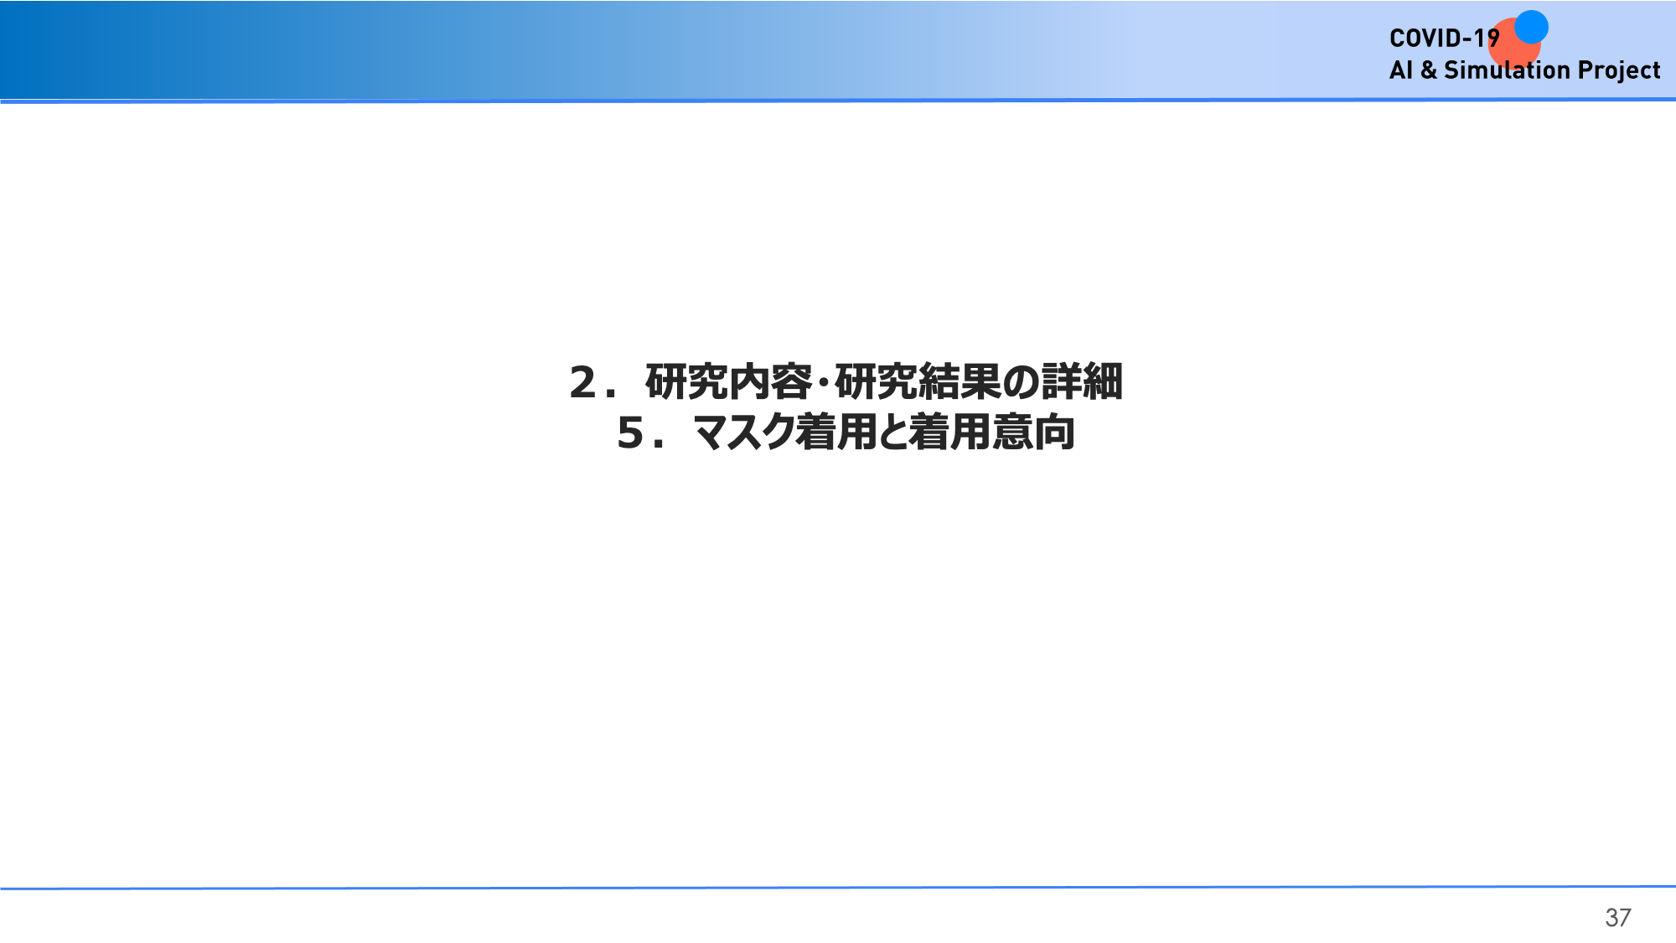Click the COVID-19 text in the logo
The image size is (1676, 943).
point(1444,38)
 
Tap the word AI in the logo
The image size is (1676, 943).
point(1400,70)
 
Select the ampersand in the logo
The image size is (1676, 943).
point(1428,70)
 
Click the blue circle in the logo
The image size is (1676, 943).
point(1531,27)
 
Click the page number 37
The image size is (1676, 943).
point(1618,918)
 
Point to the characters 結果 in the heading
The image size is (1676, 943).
point(960,382)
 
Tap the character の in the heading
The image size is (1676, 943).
point(1022,383)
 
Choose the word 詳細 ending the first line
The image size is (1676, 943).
point(1083,382)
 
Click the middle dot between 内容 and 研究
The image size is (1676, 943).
point(824,382)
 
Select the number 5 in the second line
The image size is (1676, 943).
point(630,433)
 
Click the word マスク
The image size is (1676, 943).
point(744,433)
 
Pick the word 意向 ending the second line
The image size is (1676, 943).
point(1034,433)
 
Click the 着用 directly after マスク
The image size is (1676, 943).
point(836,433)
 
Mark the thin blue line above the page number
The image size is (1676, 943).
point(838,887)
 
